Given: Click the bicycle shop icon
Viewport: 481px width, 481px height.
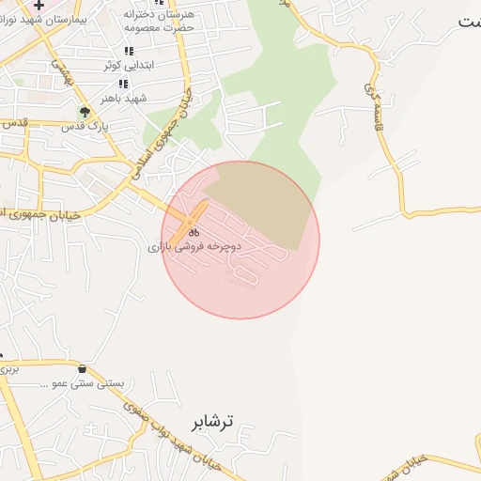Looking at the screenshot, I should click(x=194, y=231).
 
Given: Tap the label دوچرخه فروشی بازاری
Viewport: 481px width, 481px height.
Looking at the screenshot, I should click(x=194, y=246).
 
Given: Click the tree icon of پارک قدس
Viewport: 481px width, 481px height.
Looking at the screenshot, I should click(x=85, y=112).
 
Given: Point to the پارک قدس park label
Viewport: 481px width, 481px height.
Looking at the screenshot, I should click(x=92, y=125).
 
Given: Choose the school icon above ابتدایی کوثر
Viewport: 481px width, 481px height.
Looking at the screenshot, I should click(x=130, y=52).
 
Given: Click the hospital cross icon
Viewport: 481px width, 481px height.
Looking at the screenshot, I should click(x=39, y=6).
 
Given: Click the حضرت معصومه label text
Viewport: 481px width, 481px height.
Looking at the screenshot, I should click(x=161, y=28).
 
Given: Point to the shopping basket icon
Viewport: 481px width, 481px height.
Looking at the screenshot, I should click(x=85, y=369).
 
